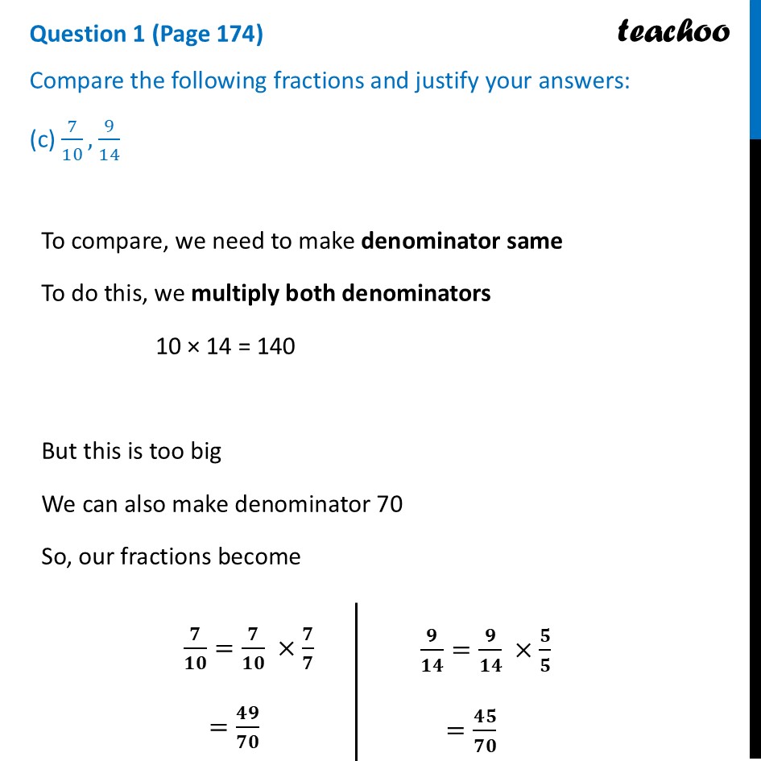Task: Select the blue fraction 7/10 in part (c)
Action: coord(72,142)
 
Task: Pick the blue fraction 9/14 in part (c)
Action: coord(109,142)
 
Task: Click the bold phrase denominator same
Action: coord(461,241)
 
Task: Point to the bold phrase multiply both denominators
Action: coord(341,293)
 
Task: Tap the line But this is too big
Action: coord(131,451)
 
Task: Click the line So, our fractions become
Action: coord(171,556)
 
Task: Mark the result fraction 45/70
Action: coord(486,730)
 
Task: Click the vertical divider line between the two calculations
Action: coord(356,680)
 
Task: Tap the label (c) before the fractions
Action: coord(41,140)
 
